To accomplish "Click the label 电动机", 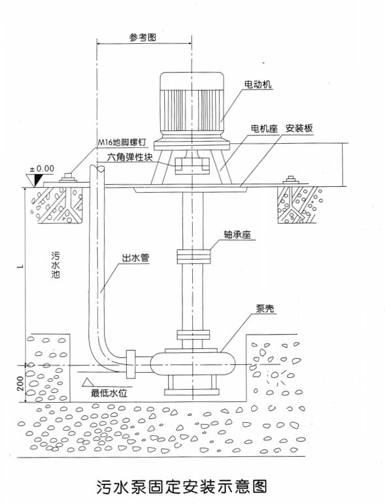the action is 258,84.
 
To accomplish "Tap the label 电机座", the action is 264,129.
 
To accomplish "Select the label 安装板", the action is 299,129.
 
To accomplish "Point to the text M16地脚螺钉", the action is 122,143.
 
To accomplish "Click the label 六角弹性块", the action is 130,157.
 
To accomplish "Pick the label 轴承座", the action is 237,235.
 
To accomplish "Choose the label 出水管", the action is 135,258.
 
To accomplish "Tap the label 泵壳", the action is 265,309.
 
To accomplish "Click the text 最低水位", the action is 109,393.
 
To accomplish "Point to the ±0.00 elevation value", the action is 42,169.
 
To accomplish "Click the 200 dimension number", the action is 20,384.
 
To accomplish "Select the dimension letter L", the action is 20,266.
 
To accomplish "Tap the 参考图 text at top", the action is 142,37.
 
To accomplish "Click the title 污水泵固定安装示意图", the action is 182,487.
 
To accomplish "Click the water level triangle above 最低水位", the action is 87,382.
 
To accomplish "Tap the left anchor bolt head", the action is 68,178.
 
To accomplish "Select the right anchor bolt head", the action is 291,180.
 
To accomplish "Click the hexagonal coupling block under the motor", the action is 192,166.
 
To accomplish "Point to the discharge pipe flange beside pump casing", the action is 131,364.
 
